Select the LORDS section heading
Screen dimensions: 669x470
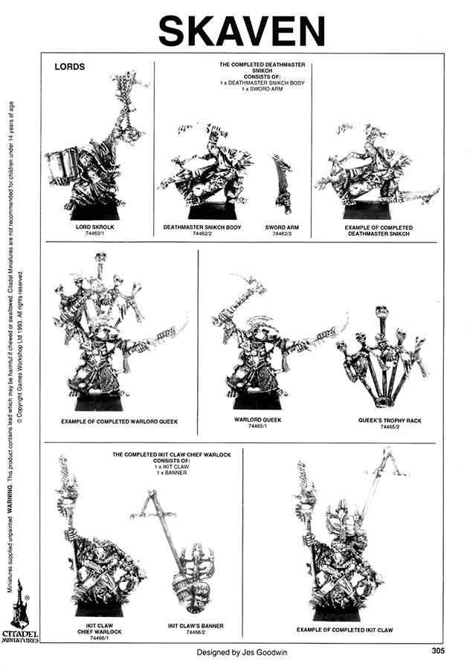(70, 67)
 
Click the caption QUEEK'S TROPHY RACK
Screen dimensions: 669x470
(390, 421)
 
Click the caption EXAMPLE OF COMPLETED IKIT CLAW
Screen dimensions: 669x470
(344, 630)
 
